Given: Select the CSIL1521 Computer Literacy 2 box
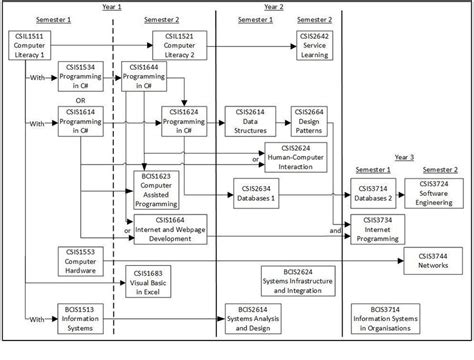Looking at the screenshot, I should coord(180,47).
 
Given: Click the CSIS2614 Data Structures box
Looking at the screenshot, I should coord(251,120).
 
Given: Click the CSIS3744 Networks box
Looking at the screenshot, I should coord(433,262).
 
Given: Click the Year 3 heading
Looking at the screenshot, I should coord(404,157).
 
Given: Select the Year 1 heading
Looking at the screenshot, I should coord(112,7).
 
